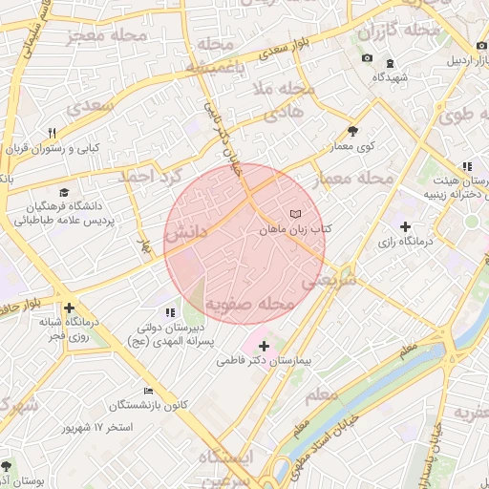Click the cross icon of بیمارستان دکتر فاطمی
tap(265, 345)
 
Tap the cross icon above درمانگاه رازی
tap(406, 226)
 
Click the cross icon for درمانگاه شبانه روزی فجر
tap(69, 308)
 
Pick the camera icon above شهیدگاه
tap(367, 58)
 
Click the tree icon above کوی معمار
tap(352, 131)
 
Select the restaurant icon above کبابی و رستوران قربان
tap(53, 133)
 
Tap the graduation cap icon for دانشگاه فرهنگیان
tap(63, 191)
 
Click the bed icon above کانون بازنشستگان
tap(147, 391)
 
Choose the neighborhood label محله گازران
tap(399, 32)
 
